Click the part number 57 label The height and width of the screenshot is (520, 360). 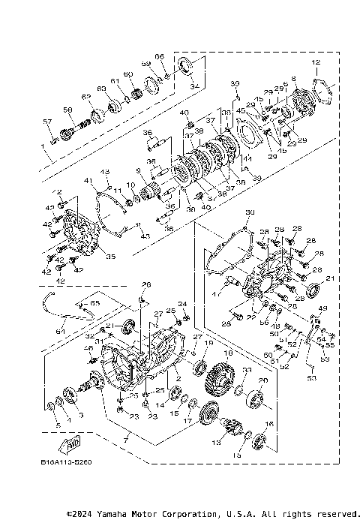pos(46,122)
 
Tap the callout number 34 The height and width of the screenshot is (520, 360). pos(194,87)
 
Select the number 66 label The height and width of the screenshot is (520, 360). pos(159,57)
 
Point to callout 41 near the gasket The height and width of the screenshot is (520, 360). pos(88,181)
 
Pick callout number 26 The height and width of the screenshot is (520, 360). pos(147,284)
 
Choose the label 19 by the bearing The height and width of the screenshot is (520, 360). pos(209,343)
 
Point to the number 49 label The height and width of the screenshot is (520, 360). pos(323,308)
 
